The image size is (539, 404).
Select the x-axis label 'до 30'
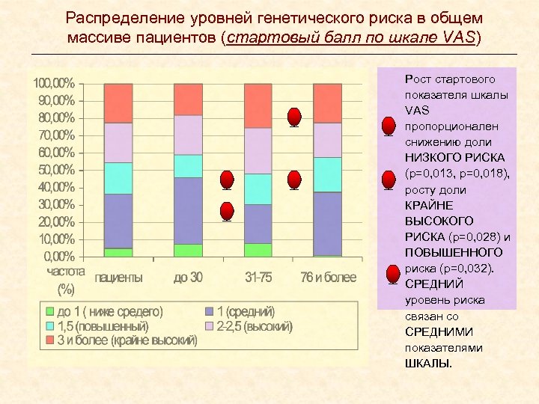[x=188, y=278]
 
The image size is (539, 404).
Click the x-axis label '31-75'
[x=258, y=278]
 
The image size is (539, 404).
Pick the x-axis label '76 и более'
[x=328, y=278]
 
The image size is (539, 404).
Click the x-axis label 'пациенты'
[x=118, y=278]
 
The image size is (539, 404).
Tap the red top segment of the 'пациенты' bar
[x=118, y=103]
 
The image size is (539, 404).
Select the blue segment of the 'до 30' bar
[x=188, y=210]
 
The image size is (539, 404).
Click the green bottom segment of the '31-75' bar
[x=258, y=250]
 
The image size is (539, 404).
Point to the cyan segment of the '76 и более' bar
[x=328, y=174]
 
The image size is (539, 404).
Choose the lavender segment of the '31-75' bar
[x=258, y=150]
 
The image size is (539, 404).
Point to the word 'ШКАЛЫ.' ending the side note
[x=428, y=364]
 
